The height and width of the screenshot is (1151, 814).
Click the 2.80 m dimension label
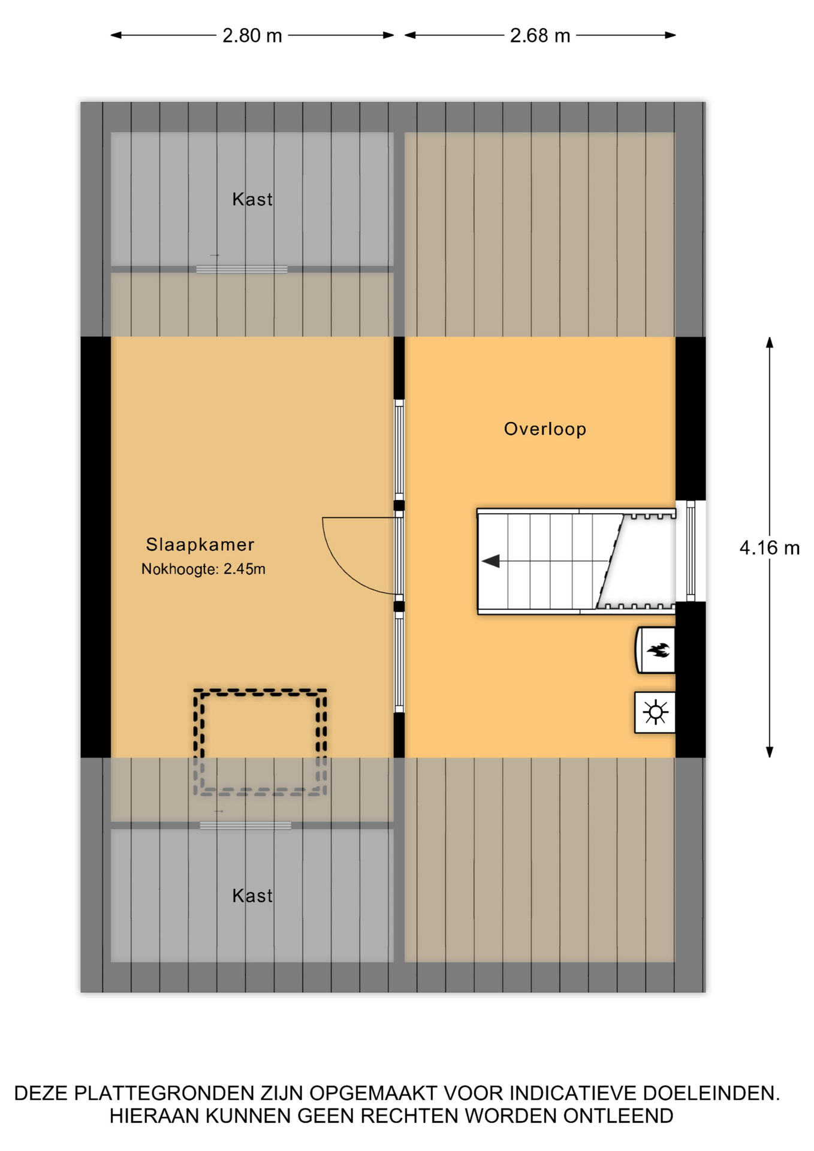click(x=252, y=36)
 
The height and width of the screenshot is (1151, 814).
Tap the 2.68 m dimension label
click(x=539, y=36)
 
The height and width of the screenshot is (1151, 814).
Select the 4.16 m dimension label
click(x=770, y=548)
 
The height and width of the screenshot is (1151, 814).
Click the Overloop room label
click(x=545, y=429)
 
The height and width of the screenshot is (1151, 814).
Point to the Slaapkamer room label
click(x=200, y=544)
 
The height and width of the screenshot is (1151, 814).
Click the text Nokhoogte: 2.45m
click(x=203, y=569)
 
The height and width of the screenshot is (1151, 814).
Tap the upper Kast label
click(x=252, y=199)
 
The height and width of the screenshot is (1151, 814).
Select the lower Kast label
click(x=252, y=896)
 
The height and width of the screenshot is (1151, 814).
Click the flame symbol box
click(x=655, y=650)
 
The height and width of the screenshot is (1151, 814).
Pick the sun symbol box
click(x=655, y=713)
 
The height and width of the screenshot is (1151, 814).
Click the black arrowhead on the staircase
click(x=491, y=561)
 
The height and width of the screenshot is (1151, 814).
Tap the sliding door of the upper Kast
click(x=242, y=270)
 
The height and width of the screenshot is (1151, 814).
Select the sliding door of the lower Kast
click(x=245, y=825)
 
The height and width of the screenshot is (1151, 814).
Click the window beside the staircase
click(x=691, y=551)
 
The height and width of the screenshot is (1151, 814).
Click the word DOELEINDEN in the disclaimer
click(x=711, y=1093)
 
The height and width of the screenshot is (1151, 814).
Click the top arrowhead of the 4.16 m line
click(x=770, y=342)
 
